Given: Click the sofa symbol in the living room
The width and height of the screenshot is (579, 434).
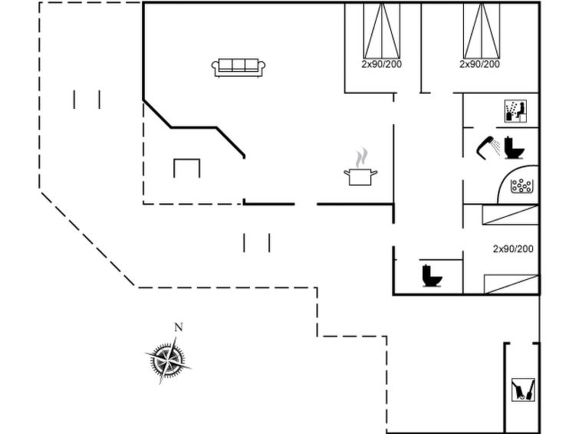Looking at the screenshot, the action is coord(239,67).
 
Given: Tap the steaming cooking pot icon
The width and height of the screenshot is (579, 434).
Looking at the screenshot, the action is coord(360,168).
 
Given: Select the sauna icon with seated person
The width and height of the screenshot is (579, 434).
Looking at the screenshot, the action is coord(515,111).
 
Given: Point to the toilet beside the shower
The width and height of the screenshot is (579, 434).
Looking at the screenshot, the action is coord(514,148).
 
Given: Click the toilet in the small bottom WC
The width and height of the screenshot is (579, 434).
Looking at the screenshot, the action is coord(432,275).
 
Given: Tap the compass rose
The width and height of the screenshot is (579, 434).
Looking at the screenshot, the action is coord(169,360).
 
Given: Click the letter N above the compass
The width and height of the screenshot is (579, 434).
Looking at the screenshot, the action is coord(179,327).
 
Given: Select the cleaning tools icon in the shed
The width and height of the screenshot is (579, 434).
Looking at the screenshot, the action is coord(523,390).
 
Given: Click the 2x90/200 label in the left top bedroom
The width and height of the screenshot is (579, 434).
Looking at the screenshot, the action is coord(381,64).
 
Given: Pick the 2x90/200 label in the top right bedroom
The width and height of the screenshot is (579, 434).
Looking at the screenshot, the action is coord(479,64).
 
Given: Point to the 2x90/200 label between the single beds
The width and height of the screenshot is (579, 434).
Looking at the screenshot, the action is coord(513,249).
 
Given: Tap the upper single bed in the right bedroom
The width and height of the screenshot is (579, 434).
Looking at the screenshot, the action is coord(510,215).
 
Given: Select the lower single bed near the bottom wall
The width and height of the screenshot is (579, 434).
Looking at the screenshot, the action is coord(512,284).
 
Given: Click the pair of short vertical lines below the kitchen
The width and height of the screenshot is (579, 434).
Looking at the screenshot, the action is coord(257,242).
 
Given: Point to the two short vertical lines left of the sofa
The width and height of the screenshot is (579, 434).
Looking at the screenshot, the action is coord(87,100).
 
